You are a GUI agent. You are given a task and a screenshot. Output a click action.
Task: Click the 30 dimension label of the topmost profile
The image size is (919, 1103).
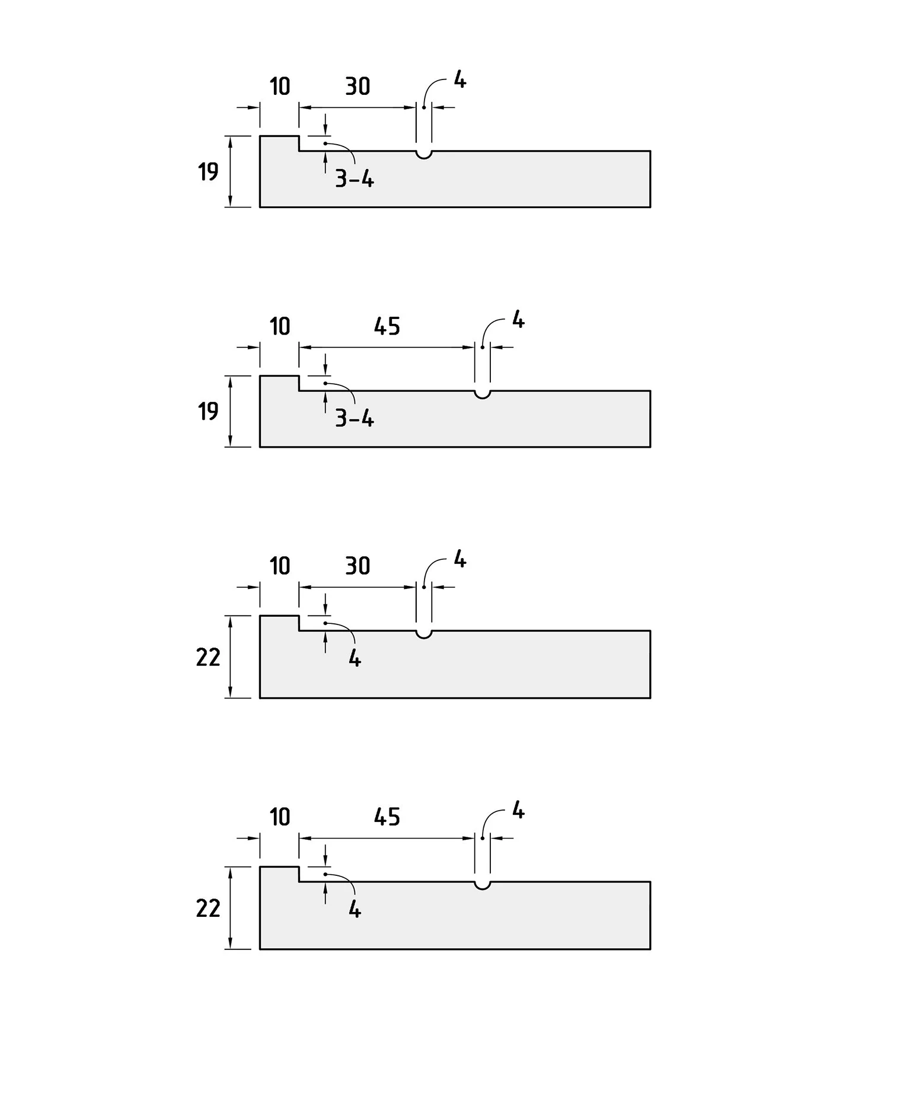pos(358,87)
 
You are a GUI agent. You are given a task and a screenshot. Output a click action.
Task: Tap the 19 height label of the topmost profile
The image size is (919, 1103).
pos(208,172)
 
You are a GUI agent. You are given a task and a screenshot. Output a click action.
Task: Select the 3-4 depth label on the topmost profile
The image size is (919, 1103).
pos(355,178)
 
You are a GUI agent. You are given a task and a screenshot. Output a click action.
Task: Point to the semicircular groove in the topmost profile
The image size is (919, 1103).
pos(424,155)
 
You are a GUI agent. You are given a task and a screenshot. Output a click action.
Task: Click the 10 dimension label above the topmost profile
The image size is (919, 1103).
pos(280,87)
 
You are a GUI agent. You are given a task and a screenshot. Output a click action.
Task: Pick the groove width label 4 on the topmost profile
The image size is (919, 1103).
pos(460,79)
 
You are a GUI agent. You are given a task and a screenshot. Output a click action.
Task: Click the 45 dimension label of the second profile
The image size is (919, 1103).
pos(387,327)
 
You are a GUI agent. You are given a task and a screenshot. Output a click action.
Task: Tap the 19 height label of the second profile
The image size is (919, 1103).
pos(208,412)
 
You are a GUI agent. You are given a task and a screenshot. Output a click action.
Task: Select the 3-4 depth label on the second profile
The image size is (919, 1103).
pos(355,419)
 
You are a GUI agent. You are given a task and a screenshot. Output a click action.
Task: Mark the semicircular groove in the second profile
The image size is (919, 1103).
pos(483,394)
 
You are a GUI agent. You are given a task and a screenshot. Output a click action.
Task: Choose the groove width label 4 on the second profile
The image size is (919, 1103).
pos(518,320)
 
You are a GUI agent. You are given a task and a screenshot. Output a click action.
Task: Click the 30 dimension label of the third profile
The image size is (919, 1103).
pos(358,566)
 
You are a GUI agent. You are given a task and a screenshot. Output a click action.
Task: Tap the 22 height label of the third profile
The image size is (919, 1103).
pos(208,658)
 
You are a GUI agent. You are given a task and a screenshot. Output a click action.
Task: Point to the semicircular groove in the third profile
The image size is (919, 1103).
pos(424,635)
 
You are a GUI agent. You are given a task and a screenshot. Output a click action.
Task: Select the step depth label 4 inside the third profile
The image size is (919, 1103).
pos(355,658)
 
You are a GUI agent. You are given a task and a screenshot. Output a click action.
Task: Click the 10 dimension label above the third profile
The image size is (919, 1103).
pos(280,566)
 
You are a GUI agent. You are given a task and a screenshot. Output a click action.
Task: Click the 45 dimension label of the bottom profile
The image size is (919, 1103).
pos(387,818)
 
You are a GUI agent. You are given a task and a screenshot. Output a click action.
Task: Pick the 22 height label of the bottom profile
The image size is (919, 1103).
pos(208,909)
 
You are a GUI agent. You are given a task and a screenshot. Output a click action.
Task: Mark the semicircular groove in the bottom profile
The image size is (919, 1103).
pos(483,886)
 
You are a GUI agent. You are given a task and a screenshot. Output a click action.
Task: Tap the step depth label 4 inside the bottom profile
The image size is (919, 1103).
pos(355,910)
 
